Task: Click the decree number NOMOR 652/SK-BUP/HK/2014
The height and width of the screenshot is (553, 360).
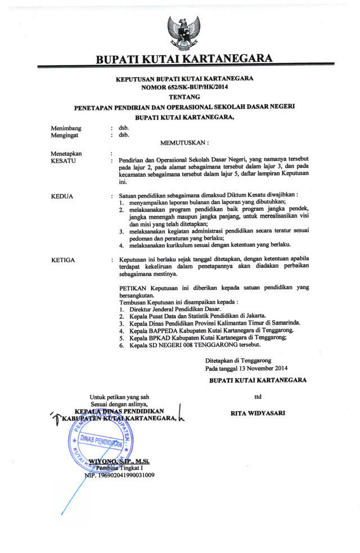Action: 184,87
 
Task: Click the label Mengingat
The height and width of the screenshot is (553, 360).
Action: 66,135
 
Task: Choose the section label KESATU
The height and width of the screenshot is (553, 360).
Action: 64,160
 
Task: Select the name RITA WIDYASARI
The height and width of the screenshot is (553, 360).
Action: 258,413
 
